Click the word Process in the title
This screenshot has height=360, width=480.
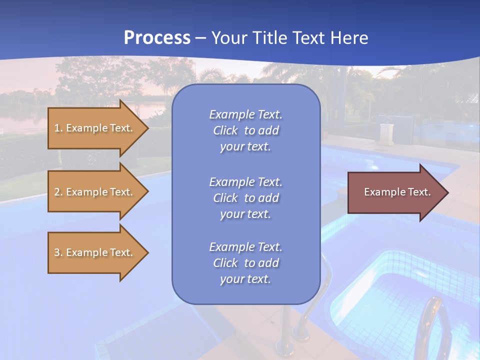click(157, 37)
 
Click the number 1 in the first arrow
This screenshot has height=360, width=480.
click(57, 128)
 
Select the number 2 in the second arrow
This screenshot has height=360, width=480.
click(57, 192)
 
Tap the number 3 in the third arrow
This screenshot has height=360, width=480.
click(57, 252)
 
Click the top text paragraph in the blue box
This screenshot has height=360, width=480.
click(245, 130)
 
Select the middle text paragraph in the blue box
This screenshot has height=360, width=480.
click(245, 198)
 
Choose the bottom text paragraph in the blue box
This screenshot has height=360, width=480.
click(245, 263)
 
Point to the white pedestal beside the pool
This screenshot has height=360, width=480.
click(386, 133)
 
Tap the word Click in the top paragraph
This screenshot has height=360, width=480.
click(225, 130)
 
